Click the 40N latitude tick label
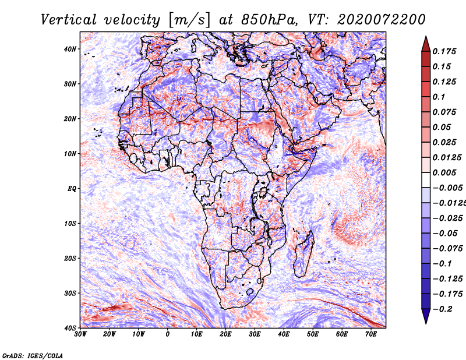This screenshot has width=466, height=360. [x=70, y=48]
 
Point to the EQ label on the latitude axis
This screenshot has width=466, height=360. [x=71, y=188]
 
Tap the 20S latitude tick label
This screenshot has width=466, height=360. [x=70, y=258]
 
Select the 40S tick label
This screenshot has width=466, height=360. [x=70, y=327]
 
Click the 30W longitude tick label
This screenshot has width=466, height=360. [x=80, y=334]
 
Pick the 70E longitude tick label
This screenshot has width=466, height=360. [x=370, y=334]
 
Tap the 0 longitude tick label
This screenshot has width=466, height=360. [x=168, y=334]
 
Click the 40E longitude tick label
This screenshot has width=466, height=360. [x=284, y=334]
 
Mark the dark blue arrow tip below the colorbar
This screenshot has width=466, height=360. [x=426, y=318]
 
